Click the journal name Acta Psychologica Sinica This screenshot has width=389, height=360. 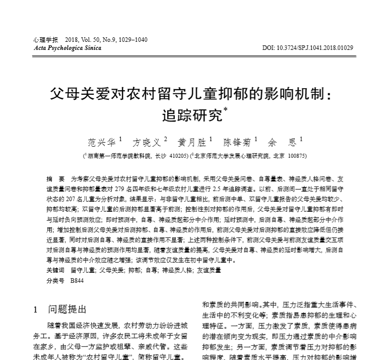67,48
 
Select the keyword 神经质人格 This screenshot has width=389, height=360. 176,270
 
